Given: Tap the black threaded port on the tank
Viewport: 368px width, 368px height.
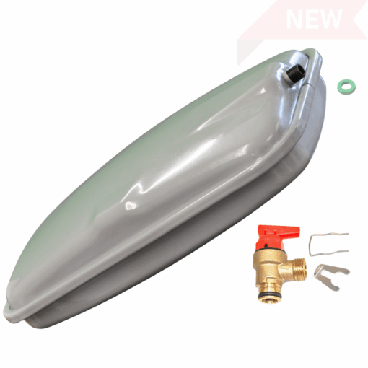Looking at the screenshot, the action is point(297,72).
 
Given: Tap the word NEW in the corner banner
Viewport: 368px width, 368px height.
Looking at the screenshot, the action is point(315,19).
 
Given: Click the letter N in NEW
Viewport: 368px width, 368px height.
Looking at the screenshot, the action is point(295,19).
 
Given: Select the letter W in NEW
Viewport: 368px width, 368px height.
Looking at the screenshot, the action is point(331,19).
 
